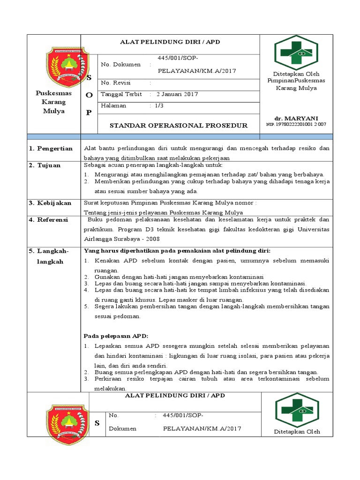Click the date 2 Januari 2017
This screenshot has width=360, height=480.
point(177,94)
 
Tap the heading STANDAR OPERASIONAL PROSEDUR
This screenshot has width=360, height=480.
point(178,126)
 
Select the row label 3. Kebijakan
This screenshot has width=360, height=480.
point(51,203)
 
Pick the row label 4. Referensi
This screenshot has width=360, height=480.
point(49,219)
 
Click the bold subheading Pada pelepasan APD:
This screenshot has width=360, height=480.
point(116,336)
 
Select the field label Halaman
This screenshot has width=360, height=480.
point(114,105)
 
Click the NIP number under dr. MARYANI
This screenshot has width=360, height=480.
point(296,125)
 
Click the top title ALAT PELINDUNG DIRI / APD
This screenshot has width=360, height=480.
point(171,42)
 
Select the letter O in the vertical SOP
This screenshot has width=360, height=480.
point(89,95)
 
